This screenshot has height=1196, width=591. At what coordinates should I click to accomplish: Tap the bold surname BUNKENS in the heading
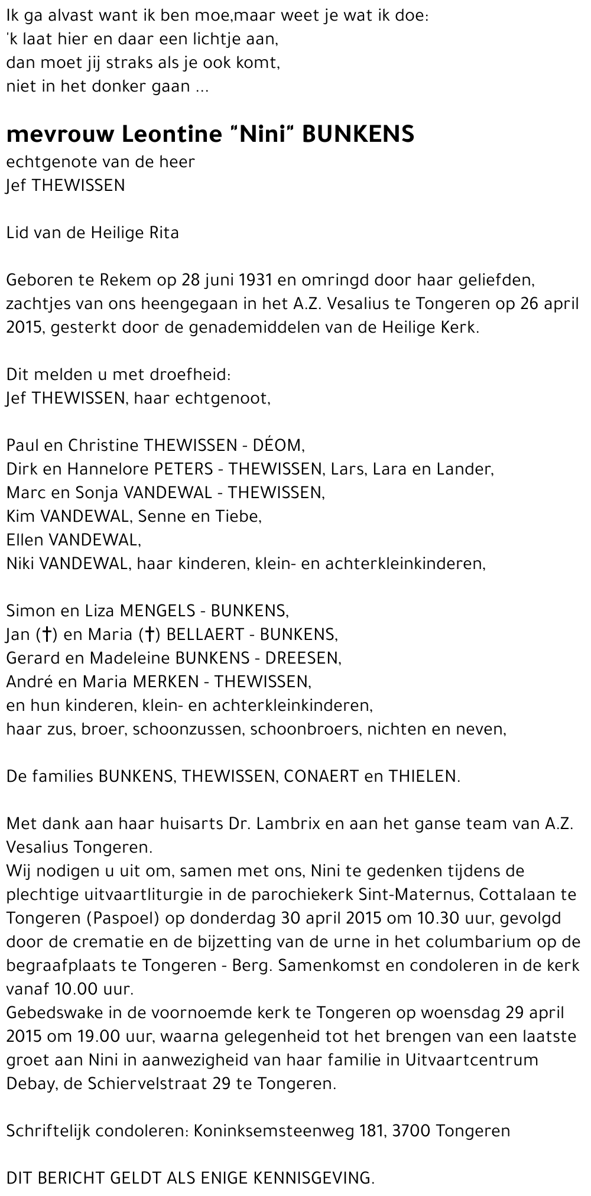point(358,135)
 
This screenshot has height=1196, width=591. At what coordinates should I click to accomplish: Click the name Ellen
point(22,539)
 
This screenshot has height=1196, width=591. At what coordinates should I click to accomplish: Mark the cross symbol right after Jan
point(46,635)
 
